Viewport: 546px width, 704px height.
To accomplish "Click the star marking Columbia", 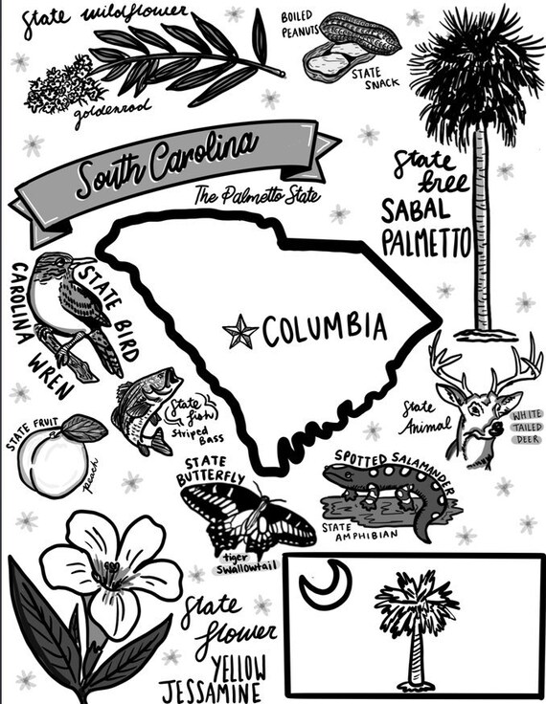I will point(239,333).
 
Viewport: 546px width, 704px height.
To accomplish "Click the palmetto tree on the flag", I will point(415,612).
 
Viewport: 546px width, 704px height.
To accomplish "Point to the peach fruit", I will point(51,458).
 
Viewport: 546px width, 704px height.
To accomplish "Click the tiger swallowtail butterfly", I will point(247,517).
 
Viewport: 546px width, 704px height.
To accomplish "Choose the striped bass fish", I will point(142,407).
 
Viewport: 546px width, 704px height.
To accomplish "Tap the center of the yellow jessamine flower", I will point(110,573).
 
